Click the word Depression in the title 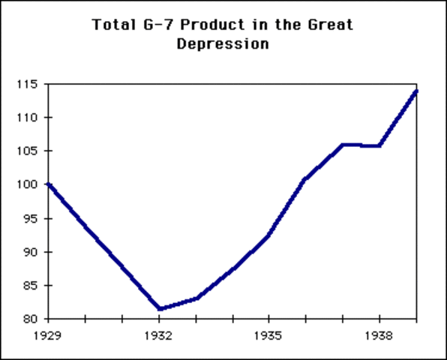pos(223,43)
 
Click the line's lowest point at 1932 pos(159,308)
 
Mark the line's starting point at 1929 pos(49,184)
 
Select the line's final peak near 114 pos(415,91)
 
